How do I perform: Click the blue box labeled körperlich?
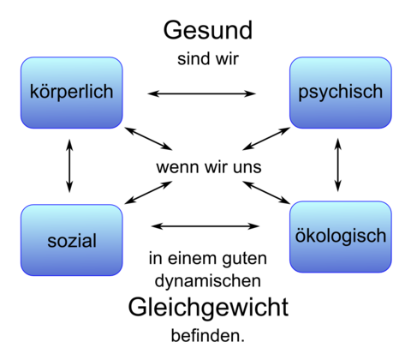[72, 93]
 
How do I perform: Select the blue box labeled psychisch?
[341, 93]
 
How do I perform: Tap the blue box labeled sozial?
[72, 240]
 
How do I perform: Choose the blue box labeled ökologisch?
[341, 237]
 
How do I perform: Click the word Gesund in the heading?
[208, 30]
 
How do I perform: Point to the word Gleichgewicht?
[208, 309]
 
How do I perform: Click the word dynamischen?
[208, 282]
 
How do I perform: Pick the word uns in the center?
[247, 167]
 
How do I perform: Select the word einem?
[191, 258]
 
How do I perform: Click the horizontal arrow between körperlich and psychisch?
[202, 93]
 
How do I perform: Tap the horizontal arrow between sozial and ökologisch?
[205, 226]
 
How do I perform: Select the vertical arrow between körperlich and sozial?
[69, 165]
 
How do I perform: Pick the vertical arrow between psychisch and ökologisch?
[338, 165]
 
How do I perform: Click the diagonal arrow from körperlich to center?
[148, 139]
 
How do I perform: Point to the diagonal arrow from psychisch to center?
[266, 139]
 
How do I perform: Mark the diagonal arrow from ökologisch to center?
[266, 193]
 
